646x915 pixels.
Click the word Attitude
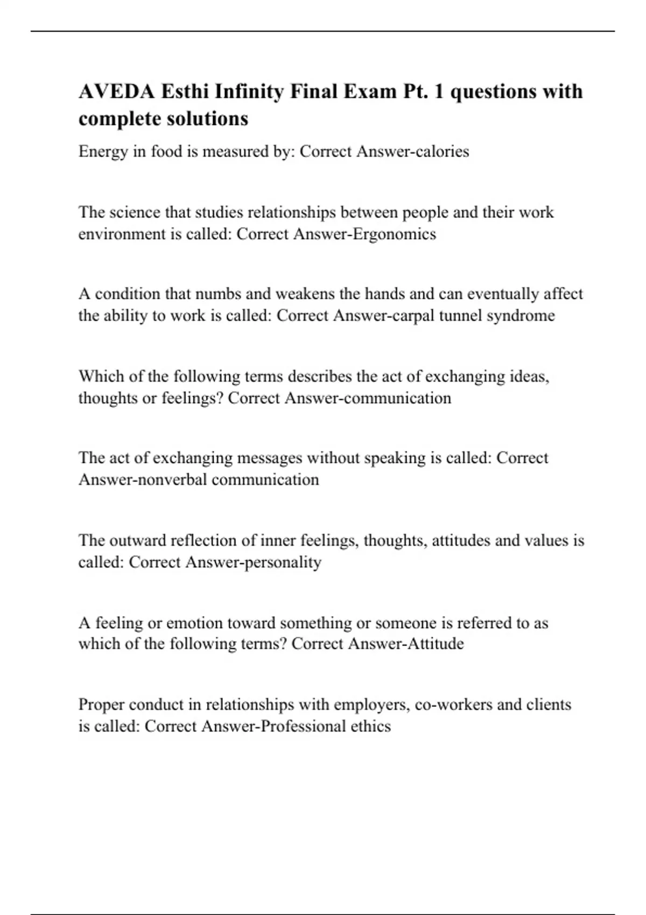[437, 644]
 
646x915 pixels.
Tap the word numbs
[219, 294]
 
